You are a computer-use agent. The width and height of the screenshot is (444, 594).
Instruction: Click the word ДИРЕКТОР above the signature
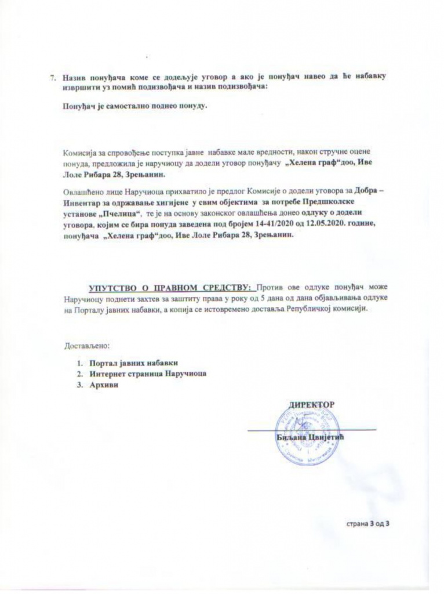point(312,403)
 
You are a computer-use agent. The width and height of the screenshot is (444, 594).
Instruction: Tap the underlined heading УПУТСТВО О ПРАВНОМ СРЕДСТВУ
point(171,287)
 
